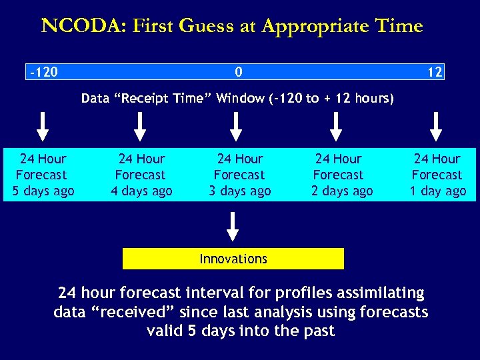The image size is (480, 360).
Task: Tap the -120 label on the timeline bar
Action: click(43, 72)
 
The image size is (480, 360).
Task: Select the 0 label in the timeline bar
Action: click(239, 72)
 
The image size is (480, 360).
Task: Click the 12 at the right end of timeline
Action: click(435, 72)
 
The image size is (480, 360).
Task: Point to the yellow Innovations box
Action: click(233, 259)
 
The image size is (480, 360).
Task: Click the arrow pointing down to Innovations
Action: click(233, 226)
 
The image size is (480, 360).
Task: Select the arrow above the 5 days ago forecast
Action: click(43, 127)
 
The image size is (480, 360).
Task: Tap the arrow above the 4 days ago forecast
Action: click(140, 127)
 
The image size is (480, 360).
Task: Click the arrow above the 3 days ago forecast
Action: click(236, 127)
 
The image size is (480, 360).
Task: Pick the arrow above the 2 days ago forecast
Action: click(337, 127)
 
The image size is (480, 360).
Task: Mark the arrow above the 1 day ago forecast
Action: click(436, 127)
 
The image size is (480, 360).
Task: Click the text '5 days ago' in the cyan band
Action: click(43, 191)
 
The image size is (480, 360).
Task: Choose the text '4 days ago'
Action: click(141, 191)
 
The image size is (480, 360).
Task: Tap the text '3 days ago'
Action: click(240, 191)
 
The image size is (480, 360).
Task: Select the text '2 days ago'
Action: click(342, 191)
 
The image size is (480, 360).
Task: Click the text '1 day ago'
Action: click(437, 191)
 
